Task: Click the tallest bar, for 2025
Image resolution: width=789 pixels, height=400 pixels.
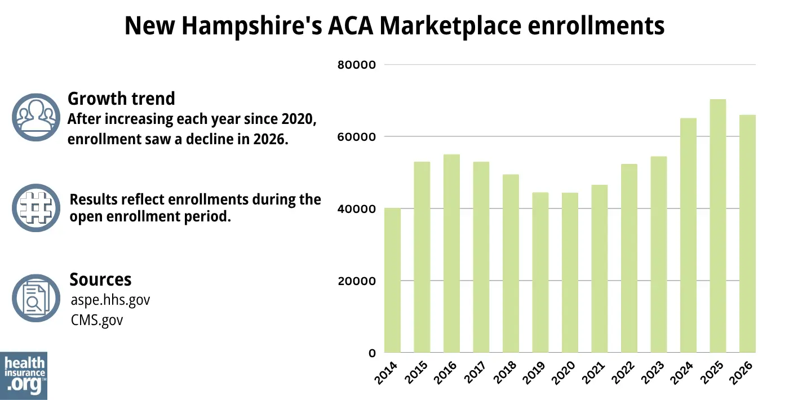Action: [717, 226]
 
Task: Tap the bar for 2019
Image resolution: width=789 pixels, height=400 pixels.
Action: [540, 273]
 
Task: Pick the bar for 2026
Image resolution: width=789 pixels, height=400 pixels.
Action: [747, 234]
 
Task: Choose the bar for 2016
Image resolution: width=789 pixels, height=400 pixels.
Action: [451, 254]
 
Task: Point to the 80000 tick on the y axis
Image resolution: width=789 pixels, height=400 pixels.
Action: [356, 65]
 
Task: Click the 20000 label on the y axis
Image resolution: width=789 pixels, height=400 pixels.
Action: [356, 281]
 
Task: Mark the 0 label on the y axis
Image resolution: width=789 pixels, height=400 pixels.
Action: [372, 353]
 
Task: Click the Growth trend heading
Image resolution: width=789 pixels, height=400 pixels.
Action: [121, 99]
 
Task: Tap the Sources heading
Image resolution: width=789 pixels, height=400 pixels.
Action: [100, 279]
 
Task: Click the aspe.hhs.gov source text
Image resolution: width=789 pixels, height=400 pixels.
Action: [110, 300]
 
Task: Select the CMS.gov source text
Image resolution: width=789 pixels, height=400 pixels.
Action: [96, 320]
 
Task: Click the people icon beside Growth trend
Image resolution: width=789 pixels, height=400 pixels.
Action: [36, 117]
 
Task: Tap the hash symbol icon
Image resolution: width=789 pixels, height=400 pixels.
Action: [36, 207]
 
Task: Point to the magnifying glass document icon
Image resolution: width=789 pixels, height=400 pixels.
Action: [36, 298]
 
